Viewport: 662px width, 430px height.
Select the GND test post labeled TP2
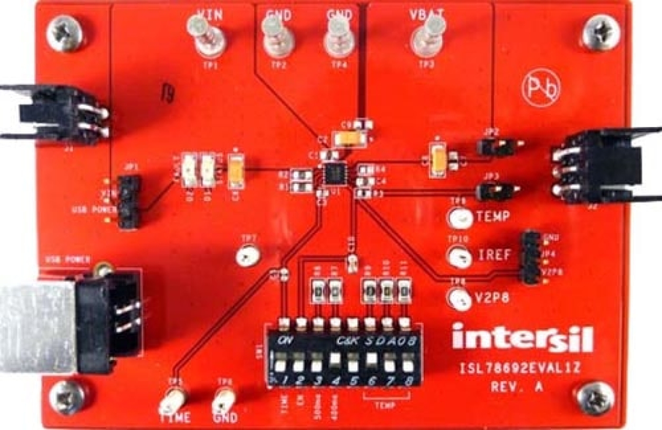pyautogui.click(x=278, y=38)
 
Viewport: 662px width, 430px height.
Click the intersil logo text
pyautogui.click(x=522, y=337)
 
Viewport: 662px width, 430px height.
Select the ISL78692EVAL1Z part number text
pyautogui.click(x=520, y=368)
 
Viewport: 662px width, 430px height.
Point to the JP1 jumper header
pyautogui.click(x=128, y=201)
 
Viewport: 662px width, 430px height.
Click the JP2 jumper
pyautogui.click(x=495, y=148)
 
